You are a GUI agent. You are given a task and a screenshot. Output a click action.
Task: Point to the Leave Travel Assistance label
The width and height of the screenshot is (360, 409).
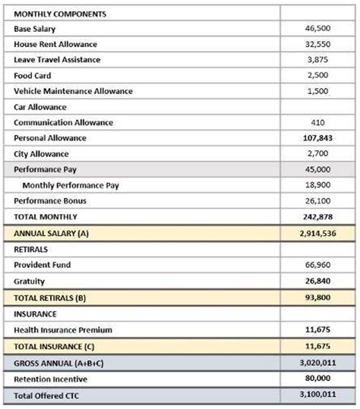click(x=57, y=60)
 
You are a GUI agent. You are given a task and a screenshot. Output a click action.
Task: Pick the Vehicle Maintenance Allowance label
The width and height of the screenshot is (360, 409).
click(x=73, y=91)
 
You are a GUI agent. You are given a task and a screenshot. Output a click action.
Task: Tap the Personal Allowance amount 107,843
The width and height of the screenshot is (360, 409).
click(x=317, y=138)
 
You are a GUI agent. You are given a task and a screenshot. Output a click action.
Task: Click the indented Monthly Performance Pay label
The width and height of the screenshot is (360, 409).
click(x=71, y=185)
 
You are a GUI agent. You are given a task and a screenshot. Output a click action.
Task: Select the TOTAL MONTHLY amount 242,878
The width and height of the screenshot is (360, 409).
click(x=317, y=217)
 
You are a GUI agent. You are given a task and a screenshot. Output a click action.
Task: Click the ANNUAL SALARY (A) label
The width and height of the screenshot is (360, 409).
click(x=51, y=234)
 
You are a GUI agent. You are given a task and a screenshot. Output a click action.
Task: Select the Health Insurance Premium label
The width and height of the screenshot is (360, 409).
click(x=63, y=329)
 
